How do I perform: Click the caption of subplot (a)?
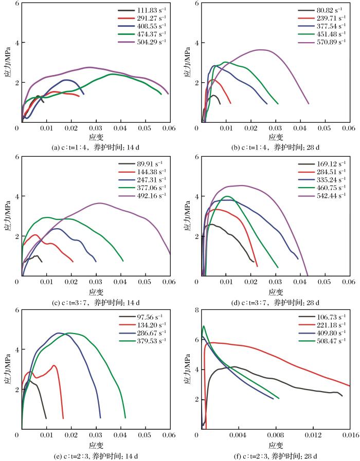coord(96,147)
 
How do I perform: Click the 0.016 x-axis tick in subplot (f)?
coord(349,436)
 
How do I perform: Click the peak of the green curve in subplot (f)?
coord(204,326)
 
